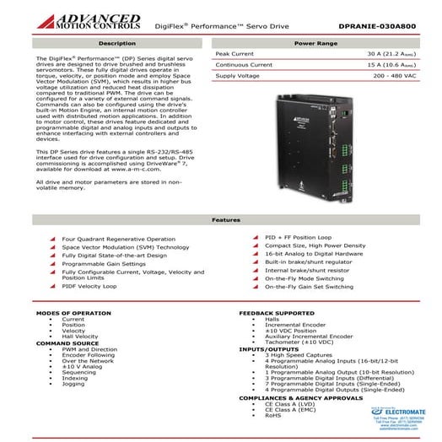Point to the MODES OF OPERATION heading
74,313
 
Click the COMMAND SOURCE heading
67,343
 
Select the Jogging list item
74,384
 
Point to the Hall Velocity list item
80,337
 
